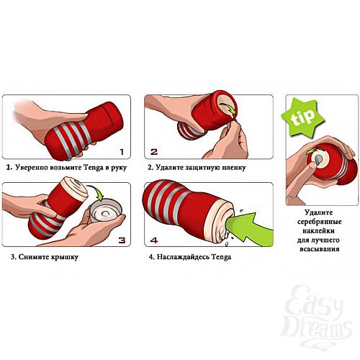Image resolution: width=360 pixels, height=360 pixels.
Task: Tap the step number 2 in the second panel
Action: (153, 152)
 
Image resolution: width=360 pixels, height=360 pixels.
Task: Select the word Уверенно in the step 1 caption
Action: (33, 167)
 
